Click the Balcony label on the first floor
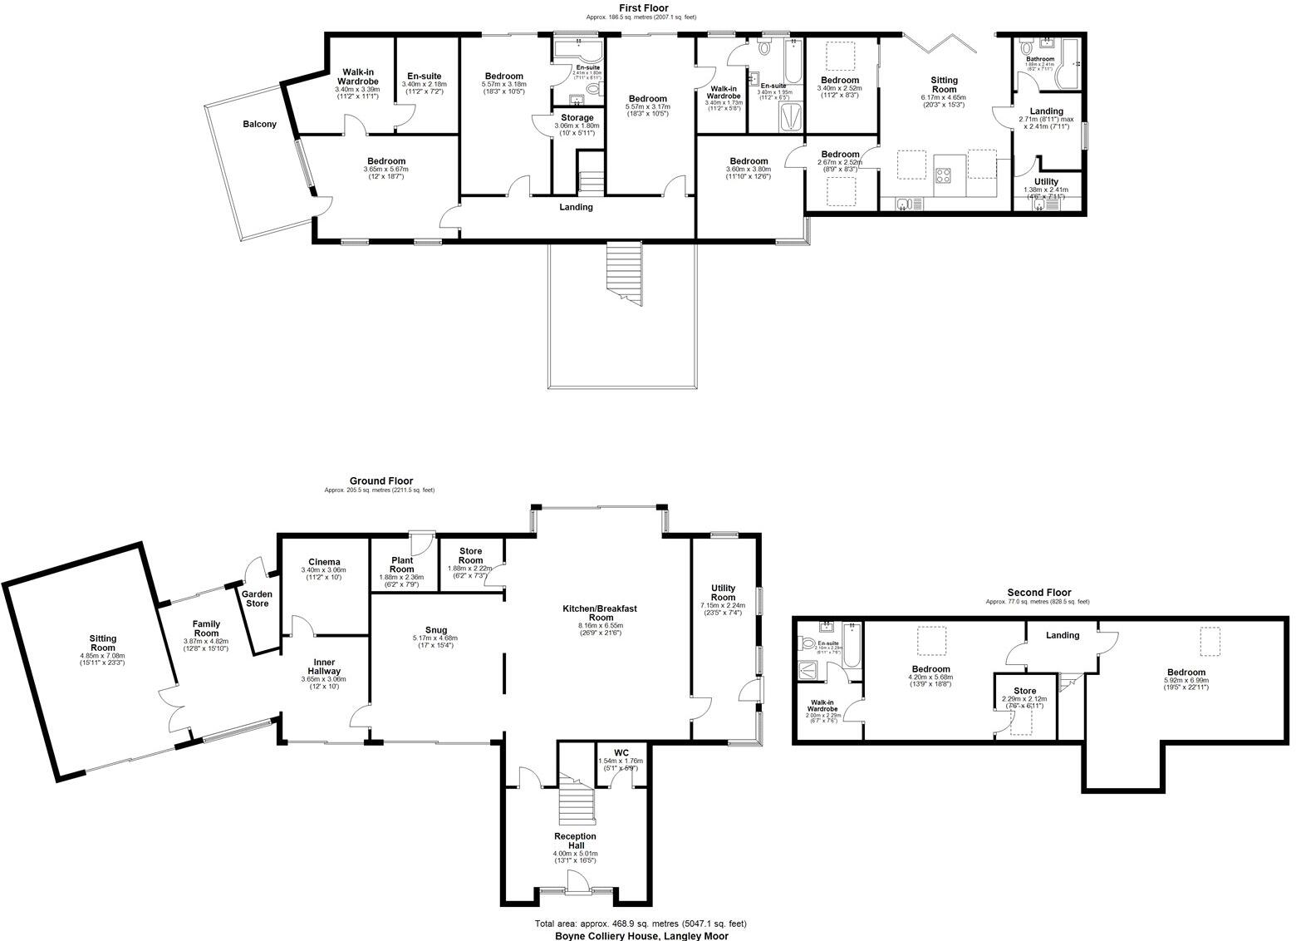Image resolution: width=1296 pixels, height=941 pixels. pyautogui.click(x=259, y=124)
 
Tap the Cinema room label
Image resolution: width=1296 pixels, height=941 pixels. pyautogui.click(x=323, y=562)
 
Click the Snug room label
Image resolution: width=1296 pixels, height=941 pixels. pyautogui.click(x=434, y=629)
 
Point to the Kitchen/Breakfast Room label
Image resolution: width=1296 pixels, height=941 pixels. pyautogui.click(x=600, y=613)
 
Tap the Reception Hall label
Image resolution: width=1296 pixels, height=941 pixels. pyautogui.click(x=576, y=841)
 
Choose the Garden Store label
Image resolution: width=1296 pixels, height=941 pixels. pyautogui.click(x=257, y=599)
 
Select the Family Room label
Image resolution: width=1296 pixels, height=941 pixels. pyautogui.click(x=206, y=628)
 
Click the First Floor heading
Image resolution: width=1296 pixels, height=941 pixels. pyautogui.click(x=642, y=7)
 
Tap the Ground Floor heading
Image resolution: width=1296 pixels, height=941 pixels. pyautogui.click(x=380, y=481)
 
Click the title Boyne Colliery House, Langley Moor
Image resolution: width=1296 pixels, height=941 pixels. pyautogui.click(x=641, y=935)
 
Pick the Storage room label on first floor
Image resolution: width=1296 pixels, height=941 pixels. pyautogui.click(x=577, y=118)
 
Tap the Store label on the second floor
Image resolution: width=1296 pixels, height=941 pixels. pyautogui.click(x=1025, y=691)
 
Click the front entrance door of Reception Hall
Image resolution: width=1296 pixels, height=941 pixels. pyautogui.click(x=576, y=882)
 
